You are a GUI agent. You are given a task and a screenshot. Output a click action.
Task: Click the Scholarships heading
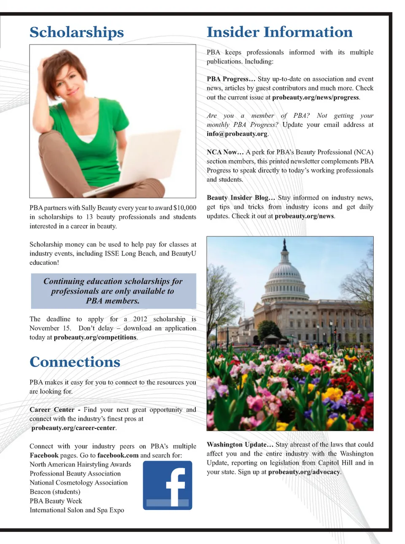pos(77,32)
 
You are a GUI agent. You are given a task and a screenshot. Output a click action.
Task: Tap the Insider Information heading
pos(279,32)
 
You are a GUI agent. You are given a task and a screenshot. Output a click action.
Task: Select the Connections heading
pos(75,362)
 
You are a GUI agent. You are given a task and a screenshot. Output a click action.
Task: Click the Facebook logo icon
pos(167,485)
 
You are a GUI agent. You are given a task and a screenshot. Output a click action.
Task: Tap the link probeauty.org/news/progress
pos(316,97)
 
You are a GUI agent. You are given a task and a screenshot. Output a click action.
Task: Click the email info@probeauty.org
pos(237,134)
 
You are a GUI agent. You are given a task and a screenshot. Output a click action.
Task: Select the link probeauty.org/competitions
pos(95,337)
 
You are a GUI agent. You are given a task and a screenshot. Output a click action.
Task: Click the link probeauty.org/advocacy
pos(304,472)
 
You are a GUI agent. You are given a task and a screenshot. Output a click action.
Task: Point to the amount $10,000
pos(185,208)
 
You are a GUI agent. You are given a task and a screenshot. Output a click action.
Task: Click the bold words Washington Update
pos(237,444)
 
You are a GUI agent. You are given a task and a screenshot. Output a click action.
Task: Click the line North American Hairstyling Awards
pos(80,464)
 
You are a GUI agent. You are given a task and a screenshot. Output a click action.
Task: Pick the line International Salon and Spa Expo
pos(77,510)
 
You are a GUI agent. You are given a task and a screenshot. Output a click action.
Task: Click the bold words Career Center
pos(52,410)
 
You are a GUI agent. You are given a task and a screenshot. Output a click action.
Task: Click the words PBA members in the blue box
pos(113,301)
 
